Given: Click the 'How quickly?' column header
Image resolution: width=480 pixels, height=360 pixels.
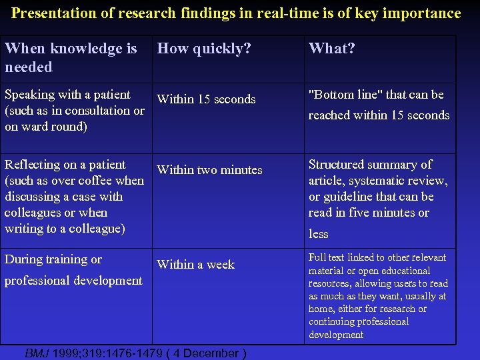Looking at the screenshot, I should [x=204, y=49].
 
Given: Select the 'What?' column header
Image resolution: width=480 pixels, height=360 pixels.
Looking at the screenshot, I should [x=331, y=49].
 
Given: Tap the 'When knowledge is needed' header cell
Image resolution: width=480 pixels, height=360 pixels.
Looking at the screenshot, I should [x=71, y=57].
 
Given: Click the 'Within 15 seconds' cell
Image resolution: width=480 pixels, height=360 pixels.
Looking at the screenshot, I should [x=206, y=99].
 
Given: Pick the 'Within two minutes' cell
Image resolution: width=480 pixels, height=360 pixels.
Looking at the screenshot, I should [x=209, y=170].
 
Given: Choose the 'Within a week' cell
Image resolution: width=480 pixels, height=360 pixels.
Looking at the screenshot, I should [x=195, y=265].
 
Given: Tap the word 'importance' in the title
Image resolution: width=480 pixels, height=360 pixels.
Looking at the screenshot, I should [x=424, y=13].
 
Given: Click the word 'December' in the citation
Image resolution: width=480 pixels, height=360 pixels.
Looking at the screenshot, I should [x=210, y=353].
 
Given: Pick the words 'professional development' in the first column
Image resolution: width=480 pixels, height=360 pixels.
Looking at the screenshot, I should [x=73, y=281].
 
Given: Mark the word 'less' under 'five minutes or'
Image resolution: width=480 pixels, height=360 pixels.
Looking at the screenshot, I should [x=319, y=234].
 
